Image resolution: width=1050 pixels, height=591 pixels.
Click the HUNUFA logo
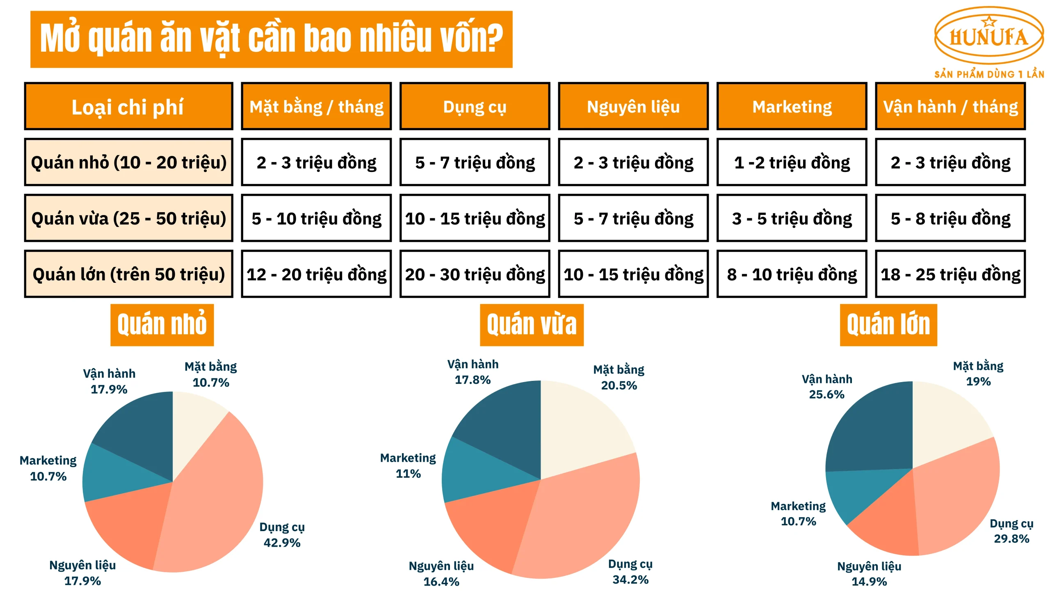tap(988, 37)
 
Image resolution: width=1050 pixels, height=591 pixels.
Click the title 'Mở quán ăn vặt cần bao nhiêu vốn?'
tap(271, 39)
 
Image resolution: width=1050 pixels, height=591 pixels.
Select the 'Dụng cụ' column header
tap(475, 107)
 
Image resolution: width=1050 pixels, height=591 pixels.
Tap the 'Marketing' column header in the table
tap(792, 107)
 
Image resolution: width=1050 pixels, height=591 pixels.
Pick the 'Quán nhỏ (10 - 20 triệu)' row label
tap(128, 163)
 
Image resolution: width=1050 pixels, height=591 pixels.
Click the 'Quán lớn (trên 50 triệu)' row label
tap(128, 274)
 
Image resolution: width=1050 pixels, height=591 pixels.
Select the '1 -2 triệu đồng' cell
tap(792, 163)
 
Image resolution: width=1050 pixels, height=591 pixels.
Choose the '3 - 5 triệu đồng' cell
tap(792, 218)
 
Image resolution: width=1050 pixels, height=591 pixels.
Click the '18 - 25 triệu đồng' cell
tap(950, 274)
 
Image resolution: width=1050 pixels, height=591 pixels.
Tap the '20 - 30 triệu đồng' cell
tap(475, 274)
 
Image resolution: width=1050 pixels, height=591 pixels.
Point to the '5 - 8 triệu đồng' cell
tap(950, 218)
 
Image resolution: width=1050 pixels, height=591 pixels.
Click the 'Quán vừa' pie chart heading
tap(532, 325)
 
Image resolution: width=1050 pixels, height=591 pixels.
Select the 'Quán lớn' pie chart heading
tap(888, 325)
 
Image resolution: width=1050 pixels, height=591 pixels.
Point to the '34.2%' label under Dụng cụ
tap(630, 580)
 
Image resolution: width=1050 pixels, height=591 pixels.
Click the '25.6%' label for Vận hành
tap(826, 394)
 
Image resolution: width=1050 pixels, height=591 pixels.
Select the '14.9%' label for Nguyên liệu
tap(869, 581)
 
